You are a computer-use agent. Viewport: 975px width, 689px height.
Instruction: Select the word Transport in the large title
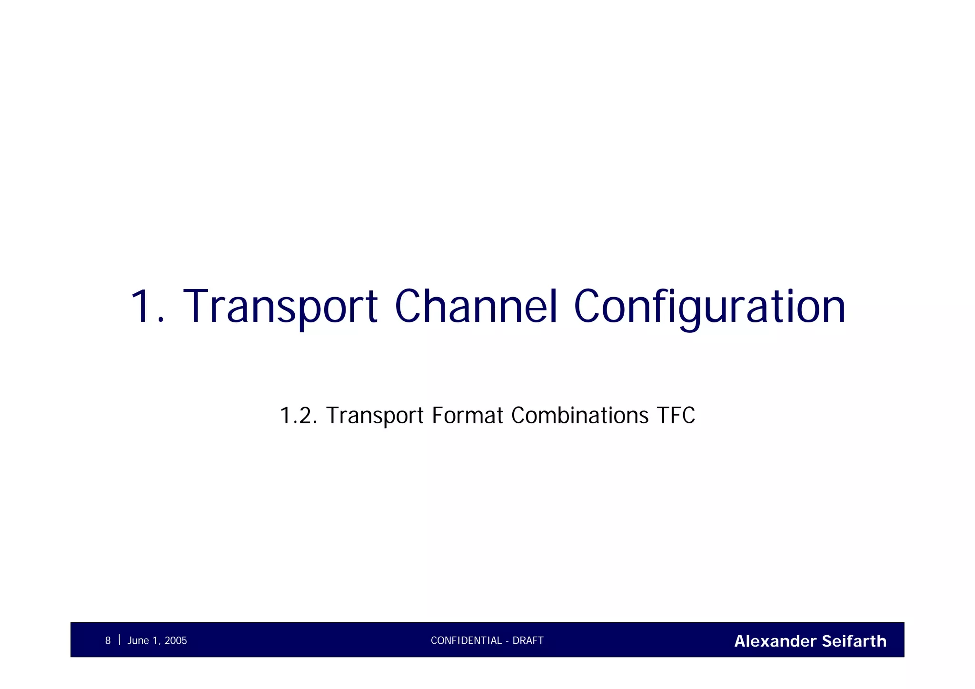click(280, 307)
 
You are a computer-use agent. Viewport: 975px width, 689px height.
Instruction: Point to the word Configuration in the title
click(709, 307)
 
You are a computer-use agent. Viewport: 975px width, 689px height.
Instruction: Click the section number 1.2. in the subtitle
click(298, 416)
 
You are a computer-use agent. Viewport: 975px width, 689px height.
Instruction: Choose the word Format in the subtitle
click(467, 415)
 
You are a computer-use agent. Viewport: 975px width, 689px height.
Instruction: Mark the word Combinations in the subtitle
click(579, 415)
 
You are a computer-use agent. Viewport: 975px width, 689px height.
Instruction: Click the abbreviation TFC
click(676, 415)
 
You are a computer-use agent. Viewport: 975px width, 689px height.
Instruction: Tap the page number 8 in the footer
click(108, 641)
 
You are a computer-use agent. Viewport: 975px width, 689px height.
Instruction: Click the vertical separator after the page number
click(119, 640)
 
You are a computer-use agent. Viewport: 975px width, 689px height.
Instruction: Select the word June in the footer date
click(138, 641)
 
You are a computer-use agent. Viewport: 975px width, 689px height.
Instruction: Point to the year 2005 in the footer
click(176, 641)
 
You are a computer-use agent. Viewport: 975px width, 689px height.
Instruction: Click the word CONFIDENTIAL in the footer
click(466, 641)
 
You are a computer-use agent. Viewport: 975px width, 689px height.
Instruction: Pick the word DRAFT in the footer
click(528, 641)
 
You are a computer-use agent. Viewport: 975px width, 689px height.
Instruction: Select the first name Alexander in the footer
click(775, 641)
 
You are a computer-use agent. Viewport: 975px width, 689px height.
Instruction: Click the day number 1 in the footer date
click(155, 641)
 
